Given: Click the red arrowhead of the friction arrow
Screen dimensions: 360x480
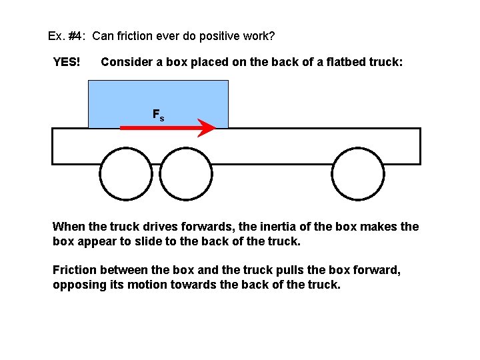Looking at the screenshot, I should point(207,127).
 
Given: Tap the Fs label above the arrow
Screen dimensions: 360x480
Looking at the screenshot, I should point(159,115).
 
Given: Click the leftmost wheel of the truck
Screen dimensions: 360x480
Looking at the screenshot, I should point(125,174).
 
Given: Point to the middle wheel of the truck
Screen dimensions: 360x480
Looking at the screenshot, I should point(186,174).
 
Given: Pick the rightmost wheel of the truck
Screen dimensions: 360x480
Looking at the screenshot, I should point(359,174).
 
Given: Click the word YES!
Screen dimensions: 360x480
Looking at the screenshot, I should point(67,62).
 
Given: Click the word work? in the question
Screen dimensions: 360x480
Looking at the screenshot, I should point(257,35).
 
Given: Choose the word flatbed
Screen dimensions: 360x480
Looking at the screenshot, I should point(332,62).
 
